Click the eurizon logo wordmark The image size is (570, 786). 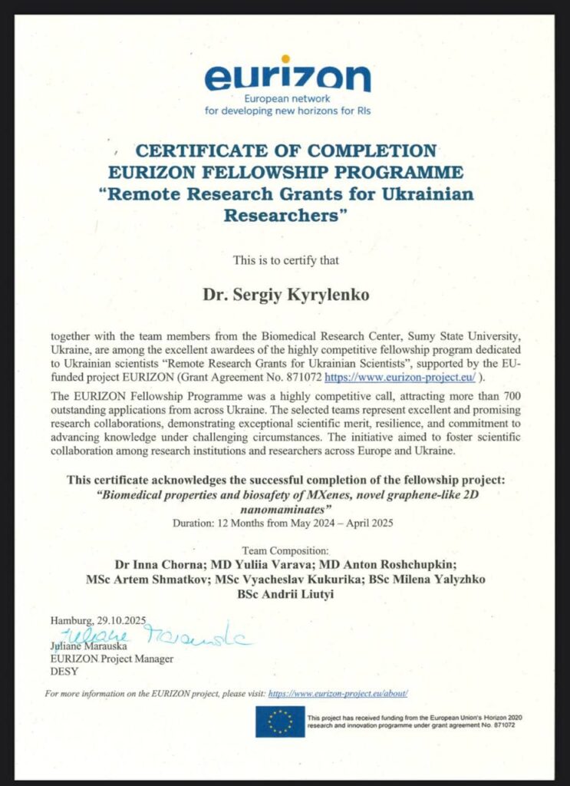(x=287, y=78)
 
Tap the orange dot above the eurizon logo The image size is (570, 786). (x=285, y=58)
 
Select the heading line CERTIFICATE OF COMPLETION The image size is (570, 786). (x=285, y=150)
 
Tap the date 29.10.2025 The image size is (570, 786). (x=121, y=619)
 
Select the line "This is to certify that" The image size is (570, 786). (x=285, y=260)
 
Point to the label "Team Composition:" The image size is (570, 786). (x=285, y=550)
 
